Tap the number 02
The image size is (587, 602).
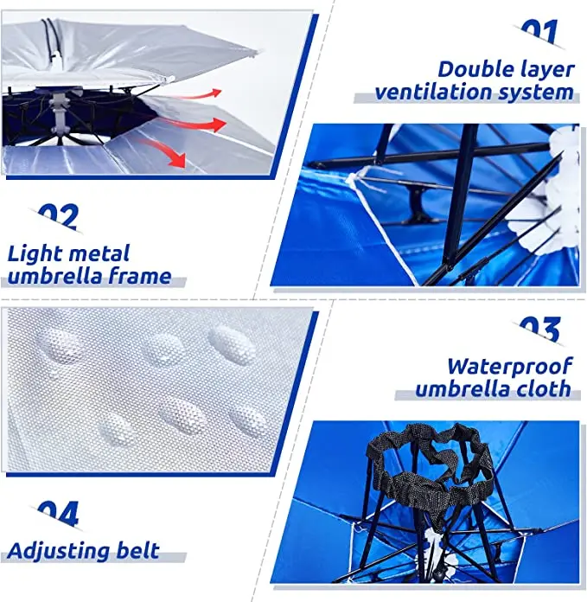point(58,216)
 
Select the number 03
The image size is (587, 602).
point(540,330)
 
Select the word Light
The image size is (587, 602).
point(34,254)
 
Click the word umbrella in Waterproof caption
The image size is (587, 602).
point(458,389)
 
